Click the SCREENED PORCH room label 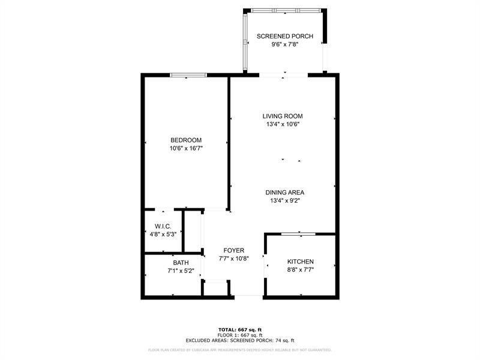click(x=285, y=36)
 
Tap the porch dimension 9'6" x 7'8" click(x=285, y=45)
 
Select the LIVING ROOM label click(x=283, y=116)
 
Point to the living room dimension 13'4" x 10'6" click(x=283, y=124)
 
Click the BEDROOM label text click(x=186, y=140)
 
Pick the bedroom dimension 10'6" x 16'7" click(x=186, y=148)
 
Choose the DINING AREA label click(x=285, y=193)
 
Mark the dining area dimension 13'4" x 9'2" click(x=285, y=201)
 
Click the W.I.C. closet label click(x=163, y=226)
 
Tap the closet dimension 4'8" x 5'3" click(x=163, y=235)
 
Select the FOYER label click(x=233, y=250)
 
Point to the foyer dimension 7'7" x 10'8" click(x=233, y=259)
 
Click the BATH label click(x=181, y=263)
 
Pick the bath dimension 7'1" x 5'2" click(x=181, y=271)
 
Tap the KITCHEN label click(x=301, y=262)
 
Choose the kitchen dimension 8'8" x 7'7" click(x=301, y=271)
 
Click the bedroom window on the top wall click(x=188, y=75)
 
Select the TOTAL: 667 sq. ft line click(x=240, y=329)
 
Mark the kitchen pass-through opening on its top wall click(x=299, y=233)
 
